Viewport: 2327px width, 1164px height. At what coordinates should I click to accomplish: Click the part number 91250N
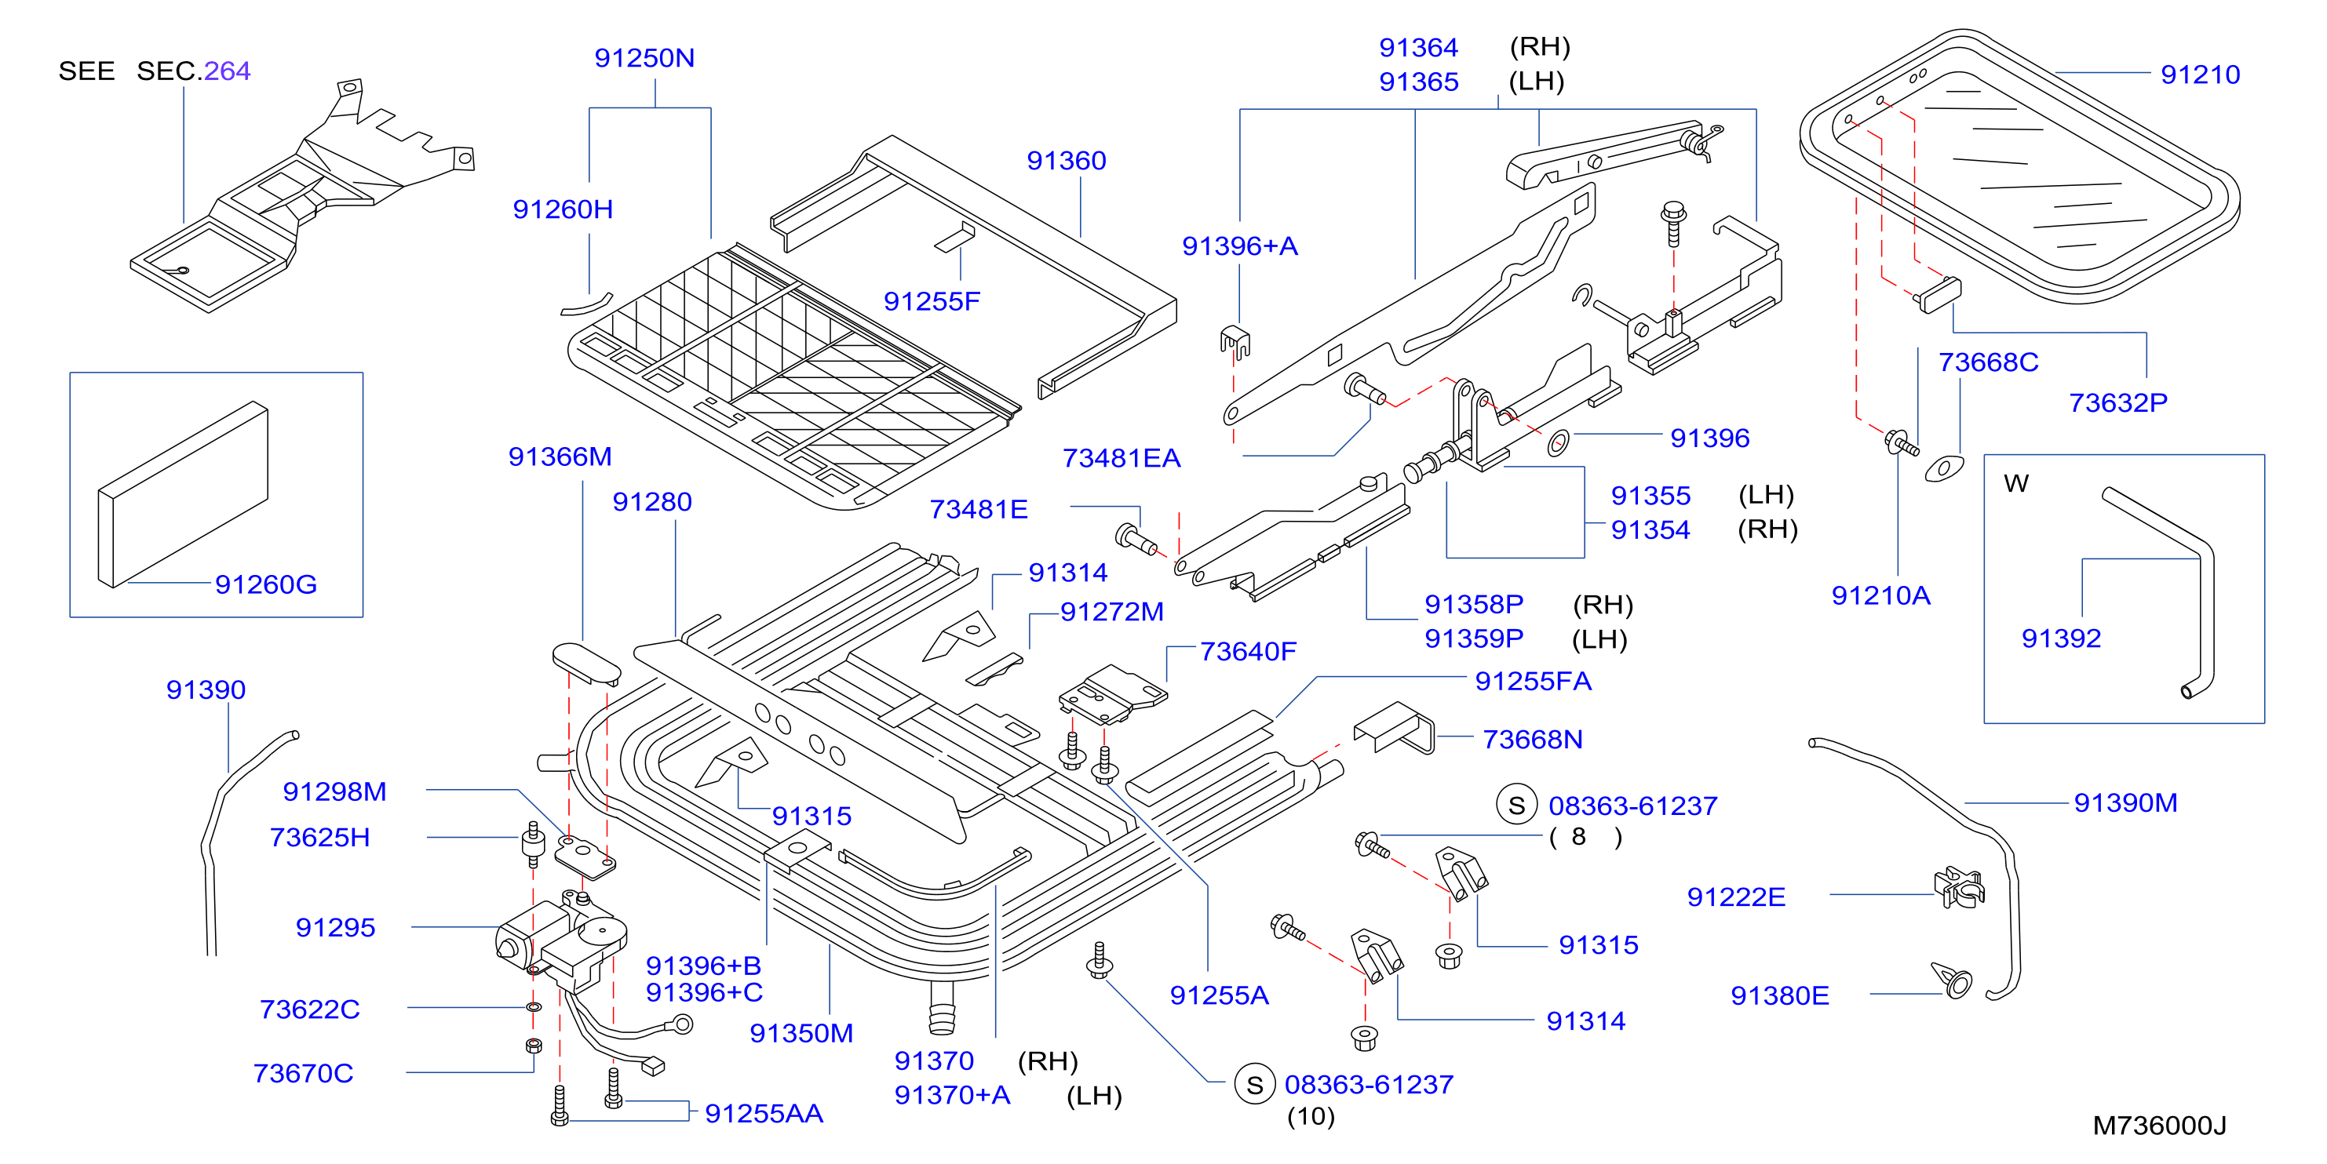coord(644,58)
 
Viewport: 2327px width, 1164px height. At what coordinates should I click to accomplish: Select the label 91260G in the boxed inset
coord(265,584)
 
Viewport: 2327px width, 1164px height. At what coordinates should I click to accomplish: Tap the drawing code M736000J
coord(2159,1125)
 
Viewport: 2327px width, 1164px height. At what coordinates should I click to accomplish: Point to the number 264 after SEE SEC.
coord(227,71)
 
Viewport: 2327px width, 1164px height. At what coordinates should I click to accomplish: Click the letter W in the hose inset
coord(2016,483)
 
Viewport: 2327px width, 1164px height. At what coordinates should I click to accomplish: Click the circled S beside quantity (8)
coord(1517,805)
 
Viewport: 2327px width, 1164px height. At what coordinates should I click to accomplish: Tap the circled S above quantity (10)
coord(1255,1084)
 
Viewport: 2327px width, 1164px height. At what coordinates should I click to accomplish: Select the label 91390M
coord(2125,802)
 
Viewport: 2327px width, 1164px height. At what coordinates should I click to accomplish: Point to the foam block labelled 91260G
coord(184,494)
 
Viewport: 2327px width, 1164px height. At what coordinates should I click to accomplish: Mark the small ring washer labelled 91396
coord(1558,442)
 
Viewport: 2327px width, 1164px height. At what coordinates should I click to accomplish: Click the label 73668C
coord(1988,362)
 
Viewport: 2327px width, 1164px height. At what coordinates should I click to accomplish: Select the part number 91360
coord(1066,161)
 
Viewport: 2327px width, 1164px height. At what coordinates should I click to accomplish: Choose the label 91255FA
coord(1533,681)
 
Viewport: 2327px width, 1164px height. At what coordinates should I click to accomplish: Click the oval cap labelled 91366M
coord(587,663)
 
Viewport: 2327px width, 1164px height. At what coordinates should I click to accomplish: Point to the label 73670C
coord(304,1073)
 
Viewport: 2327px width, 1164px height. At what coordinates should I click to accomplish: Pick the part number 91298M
coord(334,791)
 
